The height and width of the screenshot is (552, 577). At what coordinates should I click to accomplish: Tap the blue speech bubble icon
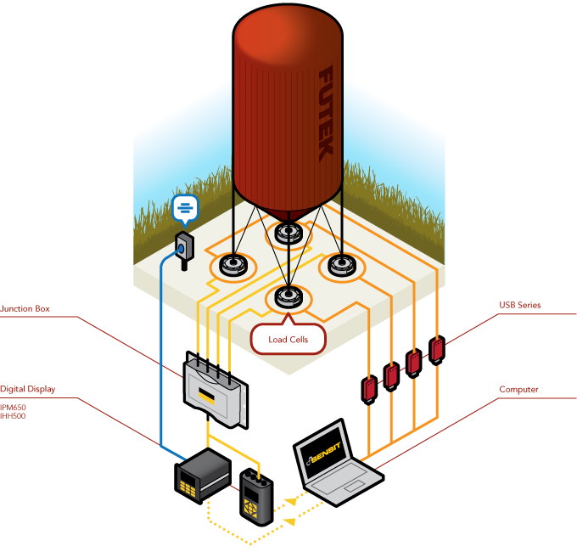[186, 207]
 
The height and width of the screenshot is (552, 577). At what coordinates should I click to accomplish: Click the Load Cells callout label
[288, 339]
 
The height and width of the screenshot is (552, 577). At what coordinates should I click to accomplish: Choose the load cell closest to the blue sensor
[233, 266]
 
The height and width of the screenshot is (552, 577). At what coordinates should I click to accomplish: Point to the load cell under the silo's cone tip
[288, 231]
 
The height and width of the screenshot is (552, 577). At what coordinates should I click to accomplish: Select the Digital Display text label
[28, 389]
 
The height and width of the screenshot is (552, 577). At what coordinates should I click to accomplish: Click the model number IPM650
[14, 407]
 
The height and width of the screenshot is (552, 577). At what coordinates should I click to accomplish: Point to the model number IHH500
[14, 417]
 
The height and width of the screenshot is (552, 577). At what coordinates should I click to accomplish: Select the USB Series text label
[519, 304]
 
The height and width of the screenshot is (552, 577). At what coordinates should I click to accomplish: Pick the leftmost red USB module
[370, 388]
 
